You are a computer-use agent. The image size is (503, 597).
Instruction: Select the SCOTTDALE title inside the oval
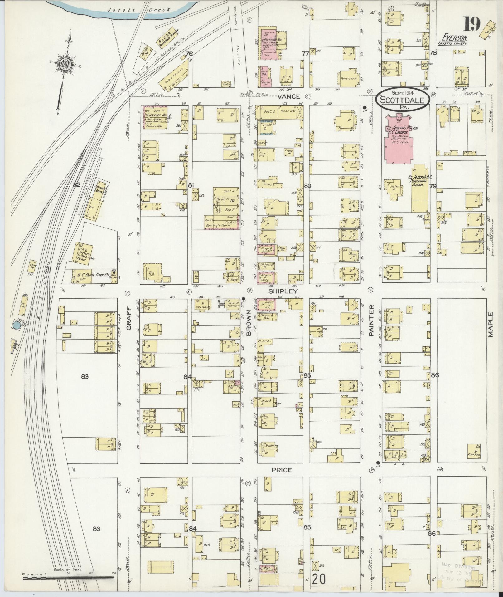tap(403, 100)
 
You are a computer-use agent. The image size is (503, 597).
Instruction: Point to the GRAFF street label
tap(129, 318)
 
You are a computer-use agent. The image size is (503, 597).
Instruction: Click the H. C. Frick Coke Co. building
tap(93, 276)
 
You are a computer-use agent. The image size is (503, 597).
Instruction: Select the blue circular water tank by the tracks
tap(17, 325)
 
